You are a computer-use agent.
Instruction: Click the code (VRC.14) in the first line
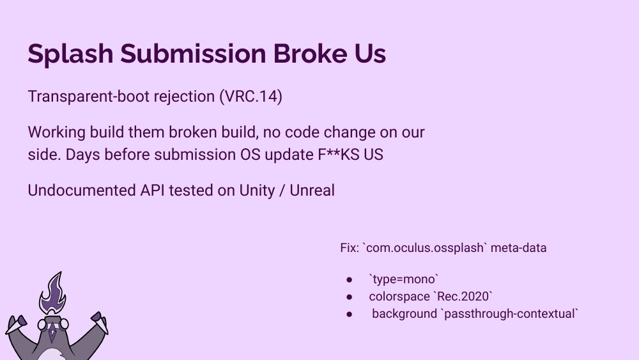tap(250, 97)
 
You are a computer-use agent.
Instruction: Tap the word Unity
tap(258, 190)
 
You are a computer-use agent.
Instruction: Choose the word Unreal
tap(312, 190)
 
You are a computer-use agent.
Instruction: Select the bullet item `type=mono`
tap(403, 279)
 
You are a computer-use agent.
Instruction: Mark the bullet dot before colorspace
tap(350, 297)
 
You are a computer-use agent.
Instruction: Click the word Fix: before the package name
tap(349, 247)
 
